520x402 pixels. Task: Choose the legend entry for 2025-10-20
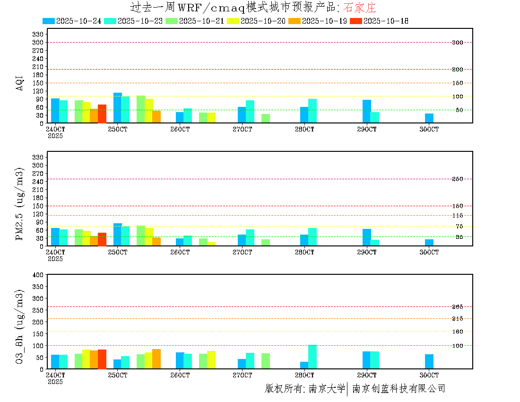tap(262, 21)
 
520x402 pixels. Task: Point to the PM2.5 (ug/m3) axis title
tap(20, 203)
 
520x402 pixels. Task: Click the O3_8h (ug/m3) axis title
tap(20, 326)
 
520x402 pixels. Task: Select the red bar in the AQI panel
tap(102, 114)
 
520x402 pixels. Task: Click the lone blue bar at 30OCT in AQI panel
tap(429, 118)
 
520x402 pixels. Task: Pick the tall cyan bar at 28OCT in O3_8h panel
tap(312, 357)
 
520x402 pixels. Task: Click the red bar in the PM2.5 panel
tap(102, 239)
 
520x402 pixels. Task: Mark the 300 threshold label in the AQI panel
tap(457, 43)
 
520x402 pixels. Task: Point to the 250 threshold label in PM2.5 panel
tap(457, 179)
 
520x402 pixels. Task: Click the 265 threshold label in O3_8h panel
tap(457, 307)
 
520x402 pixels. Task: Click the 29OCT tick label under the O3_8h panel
tap(367, 375)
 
